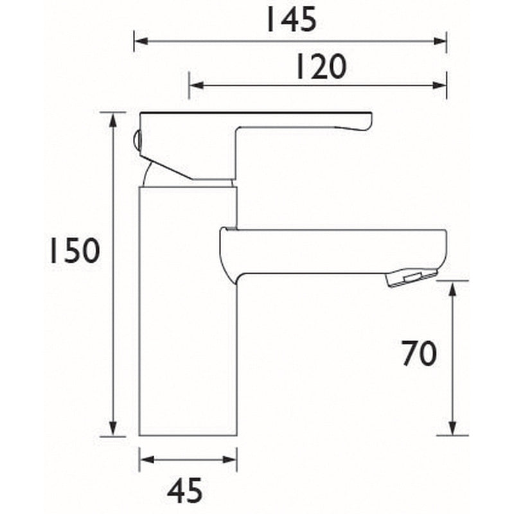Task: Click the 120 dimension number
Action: [320, 66]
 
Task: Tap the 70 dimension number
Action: [419, 353]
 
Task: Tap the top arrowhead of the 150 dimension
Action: [114, 118]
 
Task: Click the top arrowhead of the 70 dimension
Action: [453, 287]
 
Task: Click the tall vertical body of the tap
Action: [188, 308]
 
